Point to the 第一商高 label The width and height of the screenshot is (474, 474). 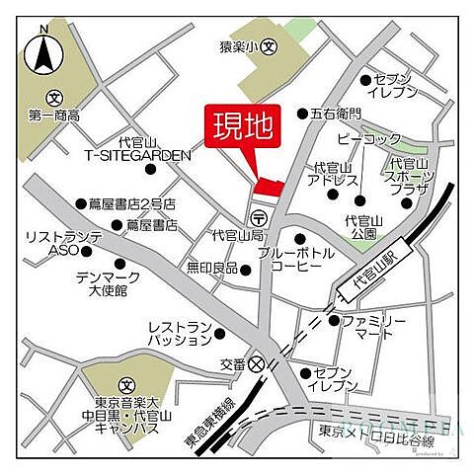(x=53, y=114)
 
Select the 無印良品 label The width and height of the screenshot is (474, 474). (x=212, y=268)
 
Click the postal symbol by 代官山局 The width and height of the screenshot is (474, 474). (x=259, y=218)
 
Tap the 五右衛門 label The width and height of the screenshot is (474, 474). (x=336, y=114)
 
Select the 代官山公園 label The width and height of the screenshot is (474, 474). (x=362, y=227)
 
